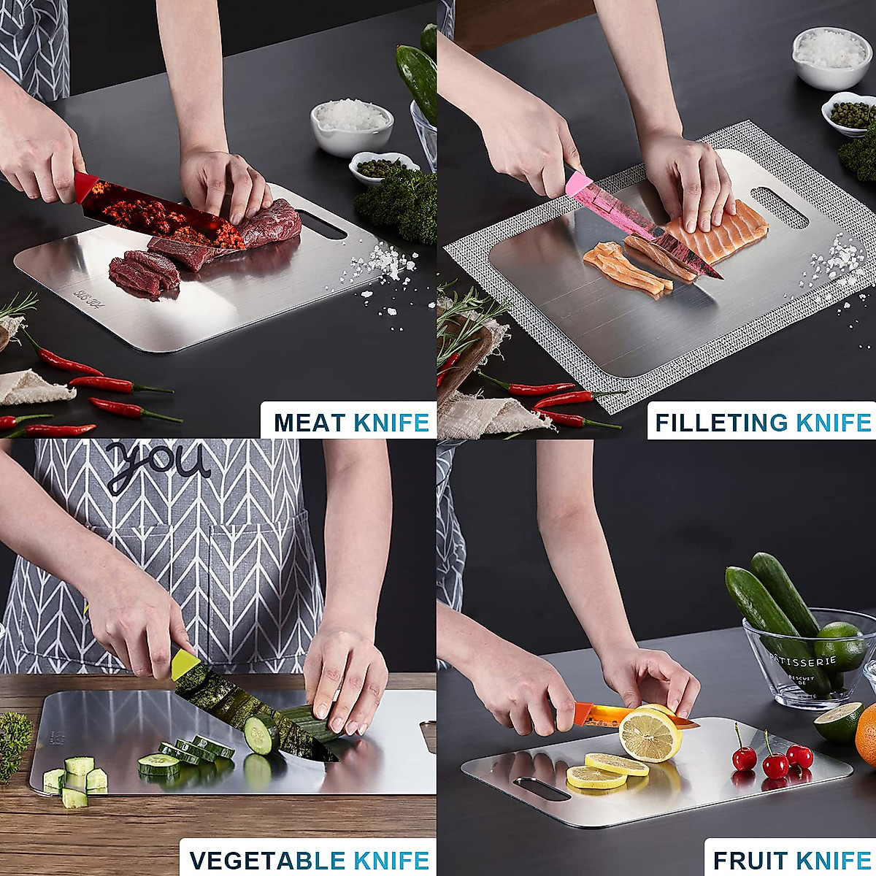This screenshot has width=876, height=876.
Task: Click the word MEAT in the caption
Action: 310,423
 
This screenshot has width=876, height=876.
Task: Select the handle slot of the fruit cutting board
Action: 542,788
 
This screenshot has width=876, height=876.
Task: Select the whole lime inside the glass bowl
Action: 839,645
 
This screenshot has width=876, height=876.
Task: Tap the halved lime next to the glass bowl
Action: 838,723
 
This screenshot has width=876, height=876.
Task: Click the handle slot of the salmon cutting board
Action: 780,207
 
